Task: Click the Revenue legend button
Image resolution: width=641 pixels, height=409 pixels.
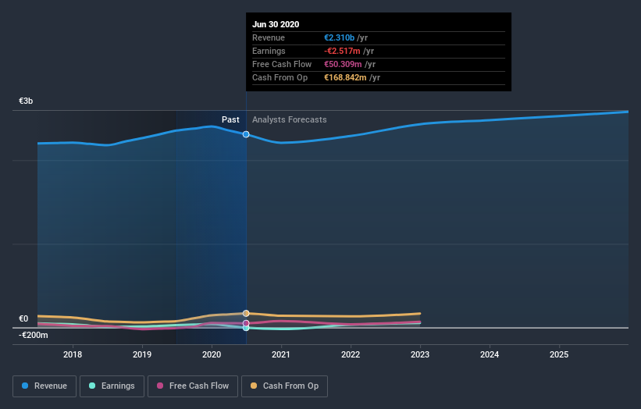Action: [45, 386]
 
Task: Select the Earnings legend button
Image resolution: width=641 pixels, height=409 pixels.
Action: [112, 386]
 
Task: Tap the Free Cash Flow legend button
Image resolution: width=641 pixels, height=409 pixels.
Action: [192, 386]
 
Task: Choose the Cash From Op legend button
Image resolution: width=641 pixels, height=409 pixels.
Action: [285, 386]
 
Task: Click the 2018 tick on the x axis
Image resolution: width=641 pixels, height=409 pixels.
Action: [73, 354]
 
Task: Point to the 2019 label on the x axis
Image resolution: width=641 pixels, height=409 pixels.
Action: [142, 354]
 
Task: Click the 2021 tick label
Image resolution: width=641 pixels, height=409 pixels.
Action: [281, 354]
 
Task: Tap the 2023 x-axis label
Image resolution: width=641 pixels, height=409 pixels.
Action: [420, 354]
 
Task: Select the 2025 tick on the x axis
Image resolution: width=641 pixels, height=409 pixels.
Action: [559, 354]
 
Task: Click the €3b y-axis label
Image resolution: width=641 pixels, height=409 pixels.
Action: [27, 101]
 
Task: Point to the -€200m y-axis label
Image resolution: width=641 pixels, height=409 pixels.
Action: [34, 335]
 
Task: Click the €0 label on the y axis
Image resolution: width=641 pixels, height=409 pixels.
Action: [23, 318]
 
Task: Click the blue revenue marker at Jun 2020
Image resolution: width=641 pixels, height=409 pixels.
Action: [246, 134]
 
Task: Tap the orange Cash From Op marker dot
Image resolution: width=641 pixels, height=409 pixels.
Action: [246, 313]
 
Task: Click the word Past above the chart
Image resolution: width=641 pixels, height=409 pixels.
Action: [230, 119]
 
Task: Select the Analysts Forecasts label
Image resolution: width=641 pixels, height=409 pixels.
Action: [289, 119]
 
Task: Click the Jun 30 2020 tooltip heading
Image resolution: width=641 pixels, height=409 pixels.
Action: [276, 25]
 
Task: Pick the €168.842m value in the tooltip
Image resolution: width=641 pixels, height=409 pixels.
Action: [344, 78]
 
